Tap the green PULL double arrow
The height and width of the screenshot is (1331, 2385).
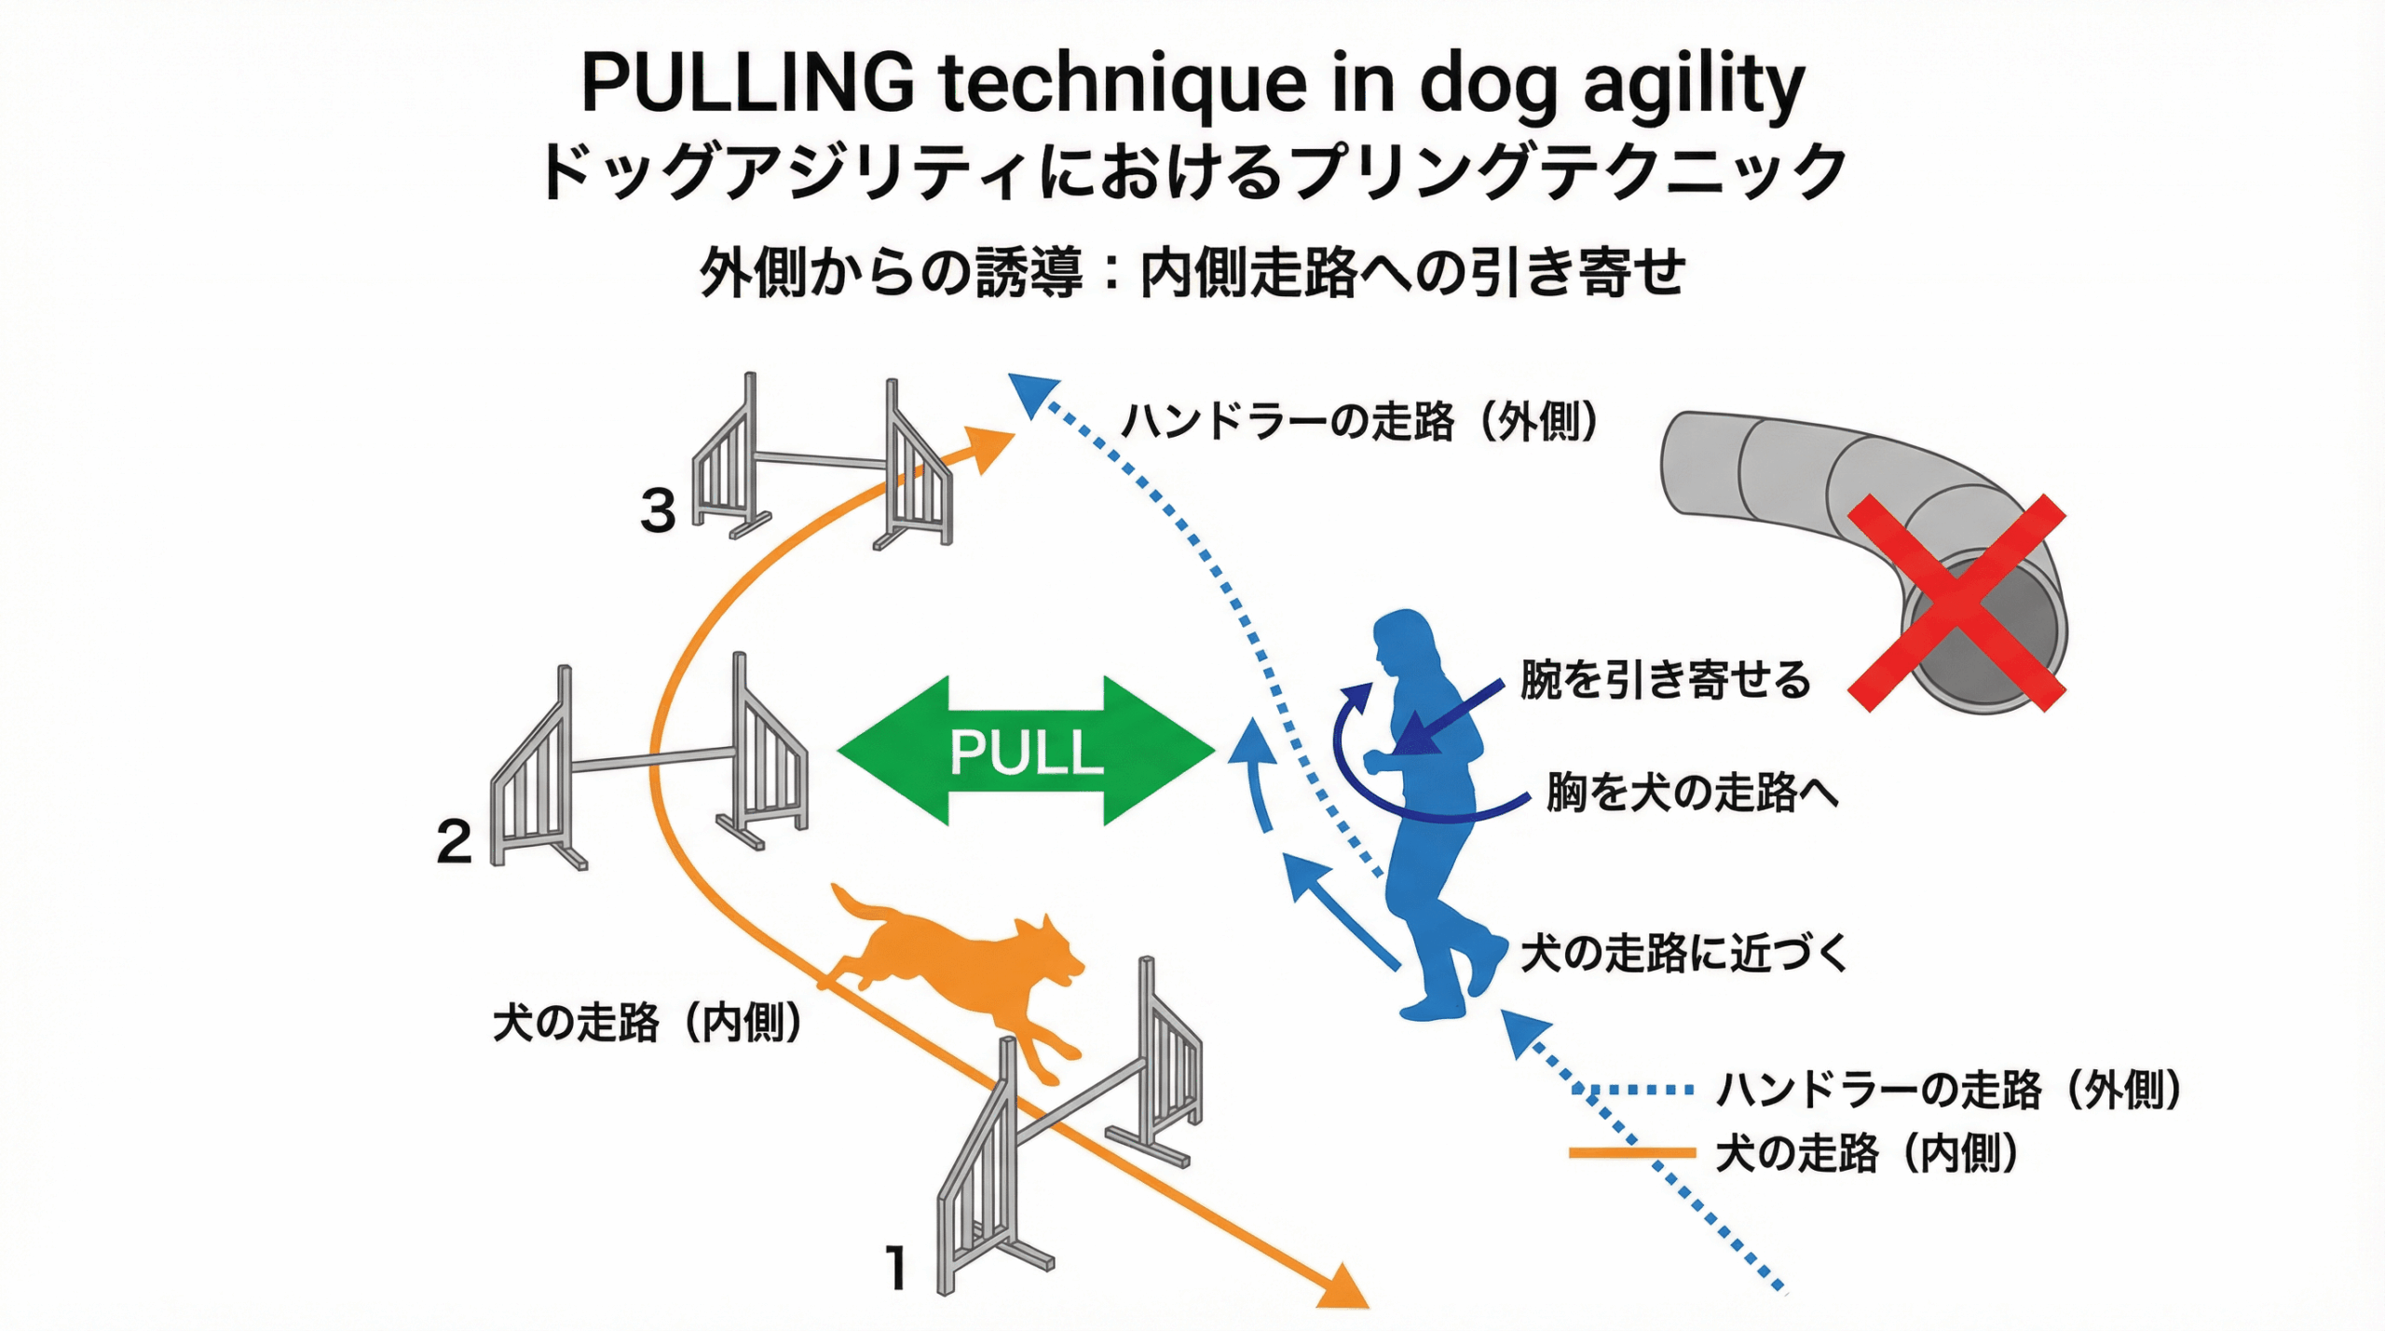pos(1026,751)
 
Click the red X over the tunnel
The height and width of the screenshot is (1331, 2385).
pos(1956,604)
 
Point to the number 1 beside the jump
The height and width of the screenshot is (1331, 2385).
pos(896,1268)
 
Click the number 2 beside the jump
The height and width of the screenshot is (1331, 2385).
pos(454,842)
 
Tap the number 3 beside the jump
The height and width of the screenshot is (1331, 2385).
pos(658,510)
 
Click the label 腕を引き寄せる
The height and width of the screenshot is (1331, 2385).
pos(1665,679)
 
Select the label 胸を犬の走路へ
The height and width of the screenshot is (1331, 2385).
pos(1692,793)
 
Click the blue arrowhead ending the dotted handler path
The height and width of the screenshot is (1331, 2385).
pos(1031,393)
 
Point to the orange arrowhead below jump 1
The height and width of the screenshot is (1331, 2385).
pos(1344,1289)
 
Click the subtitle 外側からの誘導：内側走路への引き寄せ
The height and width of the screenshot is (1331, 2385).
pos(1192,272)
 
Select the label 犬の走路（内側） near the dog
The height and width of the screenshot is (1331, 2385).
pos(647,1023)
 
